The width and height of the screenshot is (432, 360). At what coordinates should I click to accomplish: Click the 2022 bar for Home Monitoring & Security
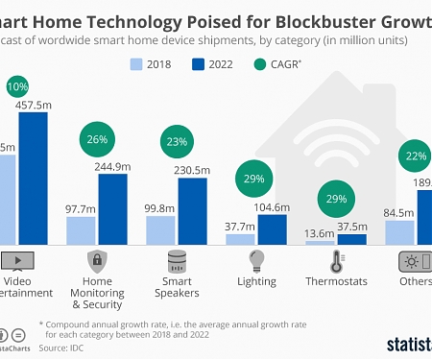click(x=111, y=208)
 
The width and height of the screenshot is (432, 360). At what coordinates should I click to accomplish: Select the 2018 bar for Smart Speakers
click(x=160, y=229)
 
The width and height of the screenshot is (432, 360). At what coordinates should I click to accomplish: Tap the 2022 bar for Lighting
click(x=272, y=228)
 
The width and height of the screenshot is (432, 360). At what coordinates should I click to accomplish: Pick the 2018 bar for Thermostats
click(x=320, y=242)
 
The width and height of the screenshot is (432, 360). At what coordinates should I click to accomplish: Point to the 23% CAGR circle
click(x=177, y=142)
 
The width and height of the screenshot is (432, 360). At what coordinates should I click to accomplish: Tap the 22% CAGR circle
click(x=417, y=156)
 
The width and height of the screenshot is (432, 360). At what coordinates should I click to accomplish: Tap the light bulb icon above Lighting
click(x=256, y=260)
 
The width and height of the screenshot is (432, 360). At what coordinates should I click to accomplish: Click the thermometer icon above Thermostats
click(x=336, y=261)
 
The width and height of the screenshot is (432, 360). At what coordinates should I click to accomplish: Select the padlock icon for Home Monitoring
click(x=97, y=260)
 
